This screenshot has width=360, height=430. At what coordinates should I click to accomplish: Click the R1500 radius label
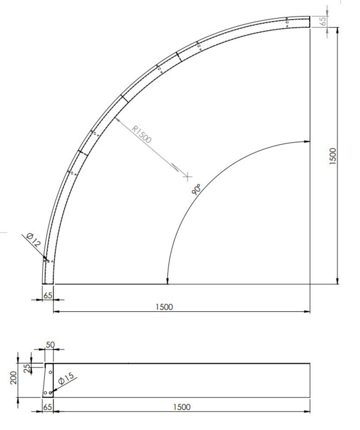(142, 134)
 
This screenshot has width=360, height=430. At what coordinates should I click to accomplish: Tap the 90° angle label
(197, 189)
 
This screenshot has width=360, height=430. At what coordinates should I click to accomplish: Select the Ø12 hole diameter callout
(33, 239)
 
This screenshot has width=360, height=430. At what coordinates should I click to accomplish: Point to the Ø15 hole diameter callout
(66, 379)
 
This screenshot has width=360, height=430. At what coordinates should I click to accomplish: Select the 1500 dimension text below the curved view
(164, 307)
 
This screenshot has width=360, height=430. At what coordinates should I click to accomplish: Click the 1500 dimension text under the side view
(182, 407)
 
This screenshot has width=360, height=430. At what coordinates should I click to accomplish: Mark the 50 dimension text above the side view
(50, 345)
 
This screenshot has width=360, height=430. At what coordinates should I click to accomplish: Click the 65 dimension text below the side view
(48, 407)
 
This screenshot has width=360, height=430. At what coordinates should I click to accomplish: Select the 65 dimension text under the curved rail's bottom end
(47, 296)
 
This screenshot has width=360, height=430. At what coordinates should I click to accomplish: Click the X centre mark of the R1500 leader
(187, 176)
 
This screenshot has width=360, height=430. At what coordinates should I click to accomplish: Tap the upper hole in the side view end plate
(50, 372)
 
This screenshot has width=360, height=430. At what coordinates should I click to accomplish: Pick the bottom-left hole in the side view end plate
(45, 393)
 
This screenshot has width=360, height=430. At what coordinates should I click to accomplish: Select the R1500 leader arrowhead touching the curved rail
(117, 119)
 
